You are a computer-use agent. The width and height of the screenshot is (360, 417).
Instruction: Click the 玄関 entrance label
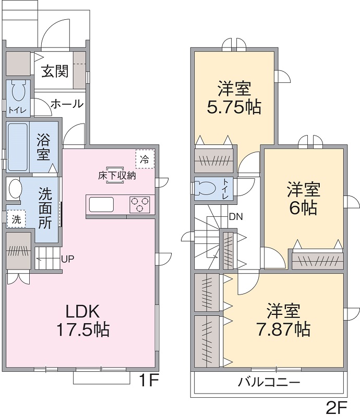pyautogui.click(x=55, y=71)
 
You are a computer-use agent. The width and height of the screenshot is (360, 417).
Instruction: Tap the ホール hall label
pyautogui.click(x=67, y=104)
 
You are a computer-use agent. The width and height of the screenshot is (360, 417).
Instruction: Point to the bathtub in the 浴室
pyautogui.click(x=18, y=146)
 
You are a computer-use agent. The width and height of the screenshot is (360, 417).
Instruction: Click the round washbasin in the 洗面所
pyautogui.click(x=15, y=189)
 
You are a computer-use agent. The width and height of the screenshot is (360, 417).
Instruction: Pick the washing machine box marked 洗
pyautogui.click(x=16, y=219)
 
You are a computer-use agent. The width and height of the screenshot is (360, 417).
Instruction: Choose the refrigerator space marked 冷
pyautogui.click(x=145, y=160)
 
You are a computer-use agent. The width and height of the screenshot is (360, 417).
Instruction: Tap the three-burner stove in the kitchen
pyautogui.click(x=139, y=204)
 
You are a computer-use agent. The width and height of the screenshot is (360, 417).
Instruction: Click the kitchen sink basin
pyautogui.click(x=101, y=204)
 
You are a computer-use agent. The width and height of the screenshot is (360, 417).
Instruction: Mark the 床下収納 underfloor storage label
pyautogui.click(x=117, y=176)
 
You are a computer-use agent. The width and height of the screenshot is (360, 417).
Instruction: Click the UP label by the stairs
pyautogui.click(x=68, y=259)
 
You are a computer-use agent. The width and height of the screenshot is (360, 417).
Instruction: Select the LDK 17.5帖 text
pyautogui.click(x=82, y=321)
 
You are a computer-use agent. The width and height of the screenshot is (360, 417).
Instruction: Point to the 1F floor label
pyautogui.click(x=149, y=380)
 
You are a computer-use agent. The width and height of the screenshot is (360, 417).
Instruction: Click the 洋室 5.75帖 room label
pyautogui.click(x=234, y=98)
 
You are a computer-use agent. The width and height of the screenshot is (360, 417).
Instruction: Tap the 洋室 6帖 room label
pyautogui.click(x=303, y=199)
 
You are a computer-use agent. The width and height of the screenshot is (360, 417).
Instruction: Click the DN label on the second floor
pyautogui.click(x=236, y=217)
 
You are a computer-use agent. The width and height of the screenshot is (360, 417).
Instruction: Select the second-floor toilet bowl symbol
pyautogui.click(x=205, y=188)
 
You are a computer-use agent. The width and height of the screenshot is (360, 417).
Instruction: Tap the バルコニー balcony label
pyautogui.click(x=269, y=383)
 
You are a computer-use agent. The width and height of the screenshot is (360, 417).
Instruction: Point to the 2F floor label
pyautogui.click(x=337, y=408)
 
